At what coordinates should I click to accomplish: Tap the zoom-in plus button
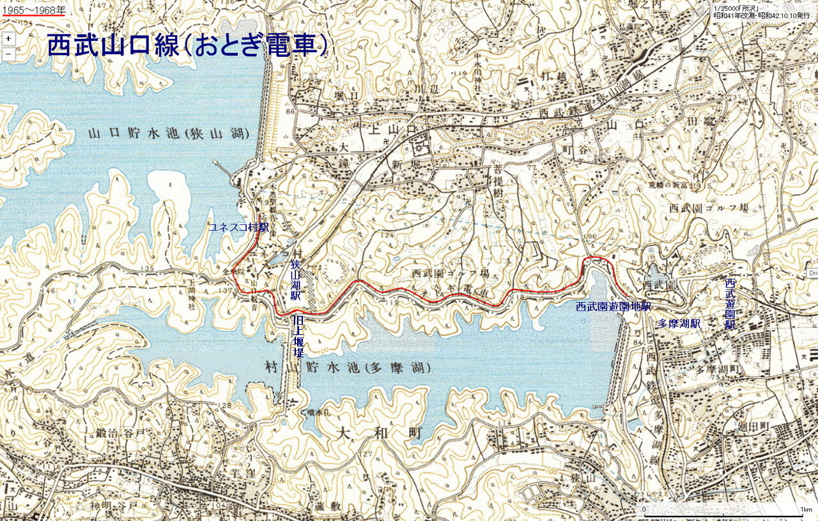[x=8, y=38]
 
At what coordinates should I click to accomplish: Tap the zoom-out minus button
[x=8, y=54]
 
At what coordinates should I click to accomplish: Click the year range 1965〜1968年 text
[x=33, y=10]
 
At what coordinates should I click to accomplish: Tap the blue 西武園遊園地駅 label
[x=613, y=306]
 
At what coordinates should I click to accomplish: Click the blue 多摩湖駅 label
[x=679, y=324]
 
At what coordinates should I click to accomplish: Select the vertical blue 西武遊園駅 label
[x=730, y=304]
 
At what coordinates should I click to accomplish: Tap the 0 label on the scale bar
[x=644, y=509]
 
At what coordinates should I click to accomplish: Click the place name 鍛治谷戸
[x=121, y=433]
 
